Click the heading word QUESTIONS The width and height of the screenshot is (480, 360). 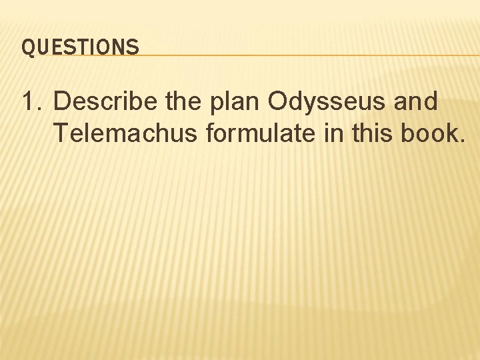pyautogui.click(x=80, y=47)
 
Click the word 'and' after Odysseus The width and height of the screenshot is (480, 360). pyautogui.click(x=415, y=102)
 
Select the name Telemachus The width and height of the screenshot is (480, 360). pyautogui.click(x=125, y=133)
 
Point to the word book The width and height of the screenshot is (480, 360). pyautogui.click(x=425, y=133)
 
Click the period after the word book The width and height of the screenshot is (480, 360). pyautogui.click(x=460, y=141)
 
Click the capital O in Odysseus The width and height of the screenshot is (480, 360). pyautogui.click(x=279, y=102)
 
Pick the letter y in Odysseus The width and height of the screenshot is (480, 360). pyautogui.click(x=313, y=105)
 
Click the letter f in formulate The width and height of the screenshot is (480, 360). pyautogui.click(x=211, y=133)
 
